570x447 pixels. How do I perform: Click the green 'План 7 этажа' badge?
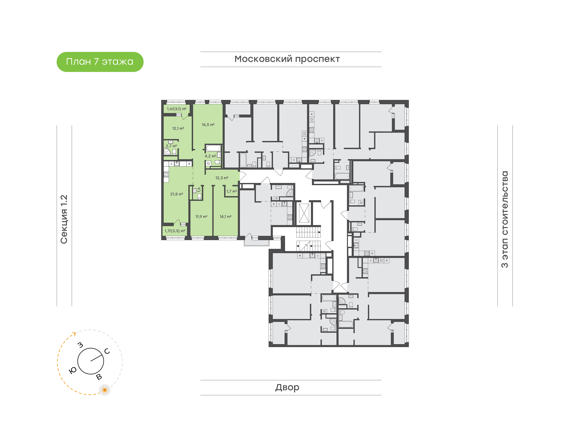point(100,62)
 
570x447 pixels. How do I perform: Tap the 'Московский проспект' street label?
point(287,59)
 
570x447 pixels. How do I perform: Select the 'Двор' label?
point(287,387)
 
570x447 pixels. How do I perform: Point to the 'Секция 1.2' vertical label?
point(64,219)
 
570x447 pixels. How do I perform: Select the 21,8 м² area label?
point(177,194)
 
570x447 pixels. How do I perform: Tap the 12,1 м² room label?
point(178,129)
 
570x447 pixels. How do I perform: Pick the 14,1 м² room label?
point(225,217)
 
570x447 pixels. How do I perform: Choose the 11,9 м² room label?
point(201,217)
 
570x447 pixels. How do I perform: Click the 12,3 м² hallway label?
point(222,178)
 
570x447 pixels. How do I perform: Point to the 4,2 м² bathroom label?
point(210,156)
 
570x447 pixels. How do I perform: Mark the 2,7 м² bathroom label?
point(171,146)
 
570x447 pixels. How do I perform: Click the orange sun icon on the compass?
point(105,390)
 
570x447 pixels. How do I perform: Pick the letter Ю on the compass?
point(72,370)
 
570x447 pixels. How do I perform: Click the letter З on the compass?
point(80,345)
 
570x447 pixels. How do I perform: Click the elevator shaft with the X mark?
point(304,213)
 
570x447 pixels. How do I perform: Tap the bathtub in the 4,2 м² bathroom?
point(213,148)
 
